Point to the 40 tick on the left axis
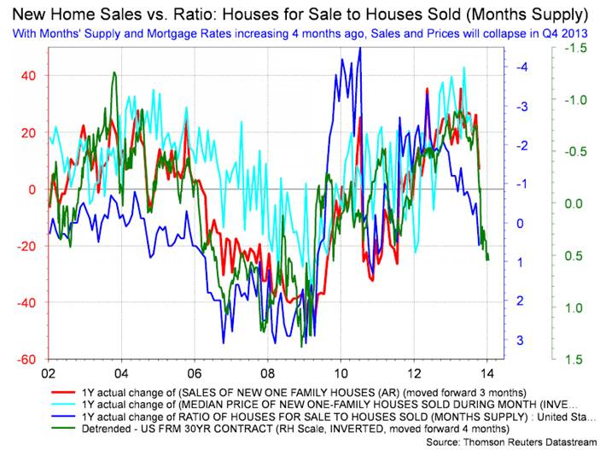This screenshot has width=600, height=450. [x=28, y=75]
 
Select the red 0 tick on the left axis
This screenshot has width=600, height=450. [x=32, y=189]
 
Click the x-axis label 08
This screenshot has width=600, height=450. [x=267, y=374]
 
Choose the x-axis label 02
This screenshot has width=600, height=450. [x=49, y=374]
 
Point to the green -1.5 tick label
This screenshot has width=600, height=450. [x=577, y=49]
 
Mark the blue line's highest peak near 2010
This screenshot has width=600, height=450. [x=360, y=49]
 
